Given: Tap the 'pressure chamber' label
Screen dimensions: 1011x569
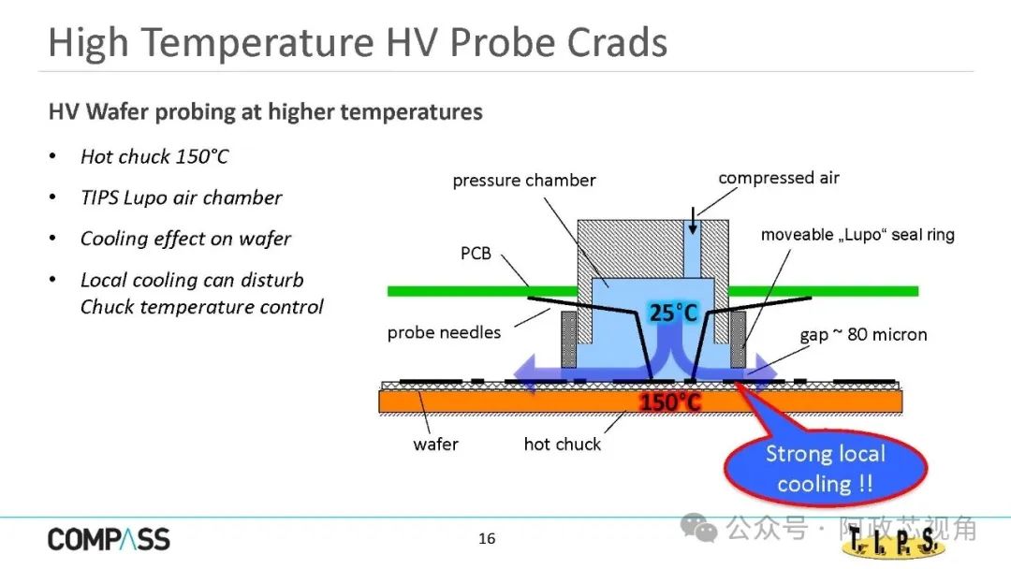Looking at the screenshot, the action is click(524, 181).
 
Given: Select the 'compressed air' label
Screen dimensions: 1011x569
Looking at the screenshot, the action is click(779, 178).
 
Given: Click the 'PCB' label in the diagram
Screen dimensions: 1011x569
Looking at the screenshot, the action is click(476, 254).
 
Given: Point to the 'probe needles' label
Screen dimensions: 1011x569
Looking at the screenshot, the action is click(445, 332).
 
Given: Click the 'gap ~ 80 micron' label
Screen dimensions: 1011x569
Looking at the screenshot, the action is click(863, 334).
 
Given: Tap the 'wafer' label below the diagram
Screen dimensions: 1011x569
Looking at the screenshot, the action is click(436, 444).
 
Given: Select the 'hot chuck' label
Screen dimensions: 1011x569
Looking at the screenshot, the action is click(563, 444).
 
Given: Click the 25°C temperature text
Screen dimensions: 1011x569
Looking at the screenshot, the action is click(673, 314).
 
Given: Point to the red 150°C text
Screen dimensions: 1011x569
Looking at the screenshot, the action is click(670, 402).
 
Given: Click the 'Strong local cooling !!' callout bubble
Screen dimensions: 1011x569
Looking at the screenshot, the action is click(826, 469).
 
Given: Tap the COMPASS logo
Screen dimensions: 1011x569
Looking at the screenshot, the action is click(109, 539).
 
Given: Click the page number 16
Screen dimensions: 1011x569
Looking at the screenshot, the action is click(487, 538).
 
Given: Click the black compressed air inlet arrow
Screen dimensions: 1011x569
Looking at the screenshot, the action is click(693, 220).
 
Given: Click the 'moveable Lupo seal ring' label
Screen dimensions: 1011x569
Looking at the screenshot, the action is click(857, 235).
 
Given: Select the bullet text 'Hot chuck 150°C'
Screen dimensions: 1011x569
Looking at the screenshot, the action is click(154, 156).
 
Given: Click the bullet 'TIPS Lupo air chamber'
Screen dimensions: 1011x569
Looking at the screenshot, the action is click(182, 197).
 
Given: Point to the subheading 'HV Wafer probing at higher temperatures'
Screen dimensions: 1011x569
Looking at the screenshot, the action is click(266, 111).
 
